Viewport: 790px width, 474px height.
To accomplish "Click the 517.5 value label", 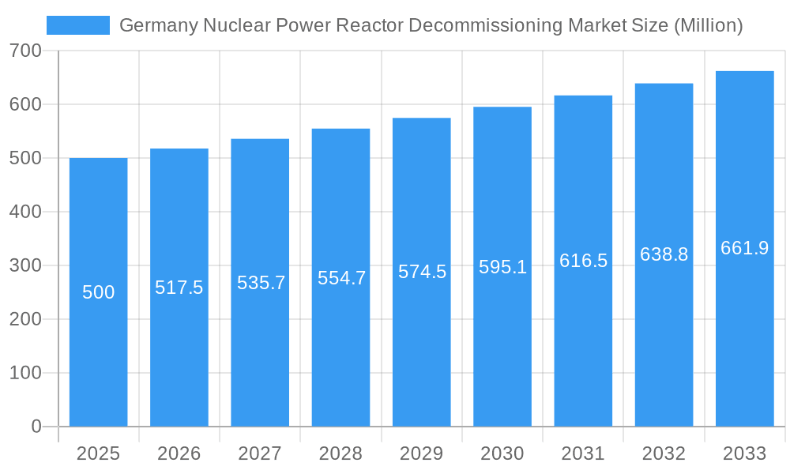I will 179,288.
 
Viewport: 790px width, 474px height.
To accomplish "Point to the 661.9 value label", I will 744,248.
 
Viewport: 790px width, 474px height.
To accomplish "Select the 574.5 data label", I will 422,272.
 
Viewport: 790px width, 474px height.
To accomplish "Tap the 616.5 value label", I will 583,261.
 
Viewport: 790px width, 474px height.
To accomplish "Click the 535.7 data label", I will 261,283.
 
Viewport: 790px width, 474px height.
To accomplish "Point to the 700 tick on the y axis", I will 26,51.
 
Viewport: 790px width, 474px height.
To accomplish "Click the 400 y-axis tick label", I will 26,212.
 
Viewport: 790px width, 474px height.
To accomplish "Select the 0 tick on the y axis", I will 36,427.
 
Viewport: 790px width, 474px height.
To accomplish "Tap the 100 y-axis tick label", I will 26,373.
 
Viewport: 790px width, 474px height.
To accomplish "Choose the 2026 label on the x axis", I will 179,453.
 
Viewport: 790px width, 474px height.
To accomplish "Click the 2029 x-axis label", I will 422,453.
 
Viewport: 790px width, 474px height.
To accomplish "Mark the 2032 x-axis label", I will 664,453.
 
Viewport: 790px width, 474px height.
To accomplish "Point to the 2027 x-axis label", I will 260,453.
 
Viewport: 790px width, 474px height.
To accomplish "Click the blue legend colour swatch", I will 78,25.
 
